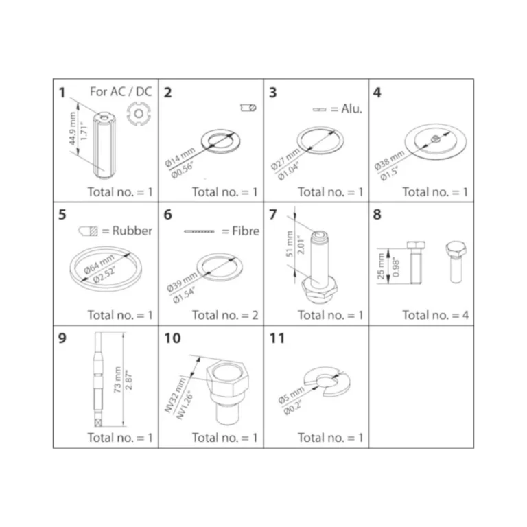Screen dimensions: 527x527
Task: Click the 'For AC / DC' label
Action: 121,91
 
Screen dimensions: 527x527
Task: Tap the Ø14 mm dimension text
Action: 180,157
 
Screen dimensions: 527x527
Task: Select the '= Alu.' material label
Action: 347,109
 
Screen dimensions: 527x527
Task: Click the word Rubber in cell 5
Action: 132,231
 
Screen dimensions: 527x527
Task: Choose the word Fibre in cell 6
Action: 246,231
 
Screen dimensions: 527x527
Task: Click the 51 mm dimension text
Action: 290,244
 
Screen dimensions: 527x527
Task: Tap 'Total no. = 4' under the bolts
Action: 436,315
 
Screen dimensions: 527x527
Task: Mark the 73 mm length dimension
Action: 117,379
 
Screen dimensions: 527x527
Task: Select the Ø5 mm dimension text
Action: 291,395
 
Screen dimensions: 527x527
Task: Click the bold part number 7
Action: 273,214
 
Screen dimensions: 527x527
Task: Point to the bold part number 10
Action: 172,338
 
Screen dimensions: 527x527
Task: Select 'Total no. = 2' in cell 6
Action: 225,315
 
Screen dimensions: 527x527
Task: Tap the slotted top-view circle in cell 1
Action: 139,114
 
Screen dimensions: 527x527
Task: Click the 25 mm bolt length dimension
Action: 380,266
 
